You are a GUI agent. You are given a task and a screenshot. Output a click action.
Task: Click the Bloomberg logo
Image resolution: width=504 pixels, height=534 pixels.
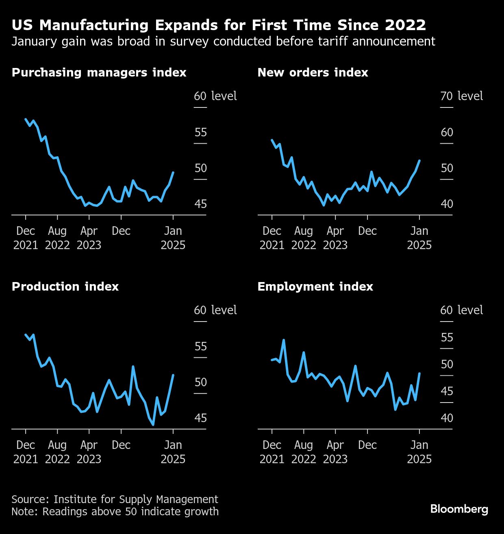459,509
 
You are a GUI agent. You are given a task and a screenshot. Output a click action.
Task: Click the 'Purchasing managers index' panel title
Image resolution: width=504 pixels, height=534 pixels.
99,72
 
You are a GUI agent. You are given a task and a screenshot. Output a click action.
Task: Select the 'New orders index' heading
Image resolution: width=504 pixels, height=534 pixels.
313,72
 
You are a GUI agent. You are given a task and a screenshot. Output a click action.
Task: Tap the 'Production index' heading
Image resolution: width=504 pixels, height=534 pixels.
65,287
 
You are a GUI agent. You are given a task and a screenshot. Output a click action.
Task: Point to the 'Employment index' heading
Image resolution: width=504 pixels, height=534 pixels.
315,287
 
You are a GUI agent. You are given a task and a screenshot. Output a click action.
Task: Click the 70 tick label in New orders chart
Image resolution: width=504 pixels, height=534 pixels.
446,96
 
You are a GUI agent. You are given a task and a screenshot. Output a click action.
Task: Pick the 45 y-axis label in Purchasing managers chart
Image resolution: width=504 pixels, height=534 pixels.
200,204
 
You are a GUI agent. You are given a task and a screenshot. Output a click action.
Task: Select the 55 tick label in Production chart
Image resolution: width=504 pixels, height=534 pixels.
200,346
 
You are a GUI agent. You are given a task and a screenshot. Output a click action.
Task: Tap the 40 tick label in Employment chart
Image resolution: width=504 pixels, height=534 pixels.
446,418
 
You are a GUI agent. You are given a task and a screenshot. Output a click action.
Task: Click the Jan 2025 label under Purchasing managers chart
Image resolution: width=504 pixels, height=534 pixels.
173,238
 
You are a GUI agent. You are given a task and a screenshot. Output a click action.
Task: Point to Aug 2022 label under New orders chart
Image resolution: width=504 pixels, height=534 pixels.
304,238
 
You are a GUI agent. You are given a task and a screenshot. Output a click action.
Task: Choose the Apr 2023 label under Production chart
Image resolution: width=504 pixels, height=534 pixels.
89,452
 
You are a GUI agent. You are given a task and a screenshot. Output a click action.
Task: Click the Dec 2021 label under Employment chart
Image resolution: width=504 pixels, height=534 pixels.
272,452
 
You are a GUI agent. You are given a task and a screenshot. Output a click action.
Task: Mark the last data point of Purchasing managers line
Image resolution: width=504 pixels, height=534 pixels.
174,173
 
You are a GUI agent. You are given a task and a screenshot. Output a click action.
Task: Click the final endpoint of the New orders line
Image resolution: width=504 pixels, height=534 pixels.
419,161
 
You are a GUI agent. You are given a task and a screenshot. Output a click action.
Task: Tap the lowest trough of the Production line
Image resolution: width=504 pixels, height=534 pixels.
153,425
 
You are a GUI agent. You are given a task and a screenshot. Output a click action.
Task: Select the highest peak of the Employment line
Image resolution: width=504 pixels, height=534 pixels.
284,340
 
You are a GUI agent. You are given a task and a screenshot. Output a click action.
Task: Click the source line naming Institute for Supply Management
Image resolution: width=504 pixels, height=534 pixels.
115,499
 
